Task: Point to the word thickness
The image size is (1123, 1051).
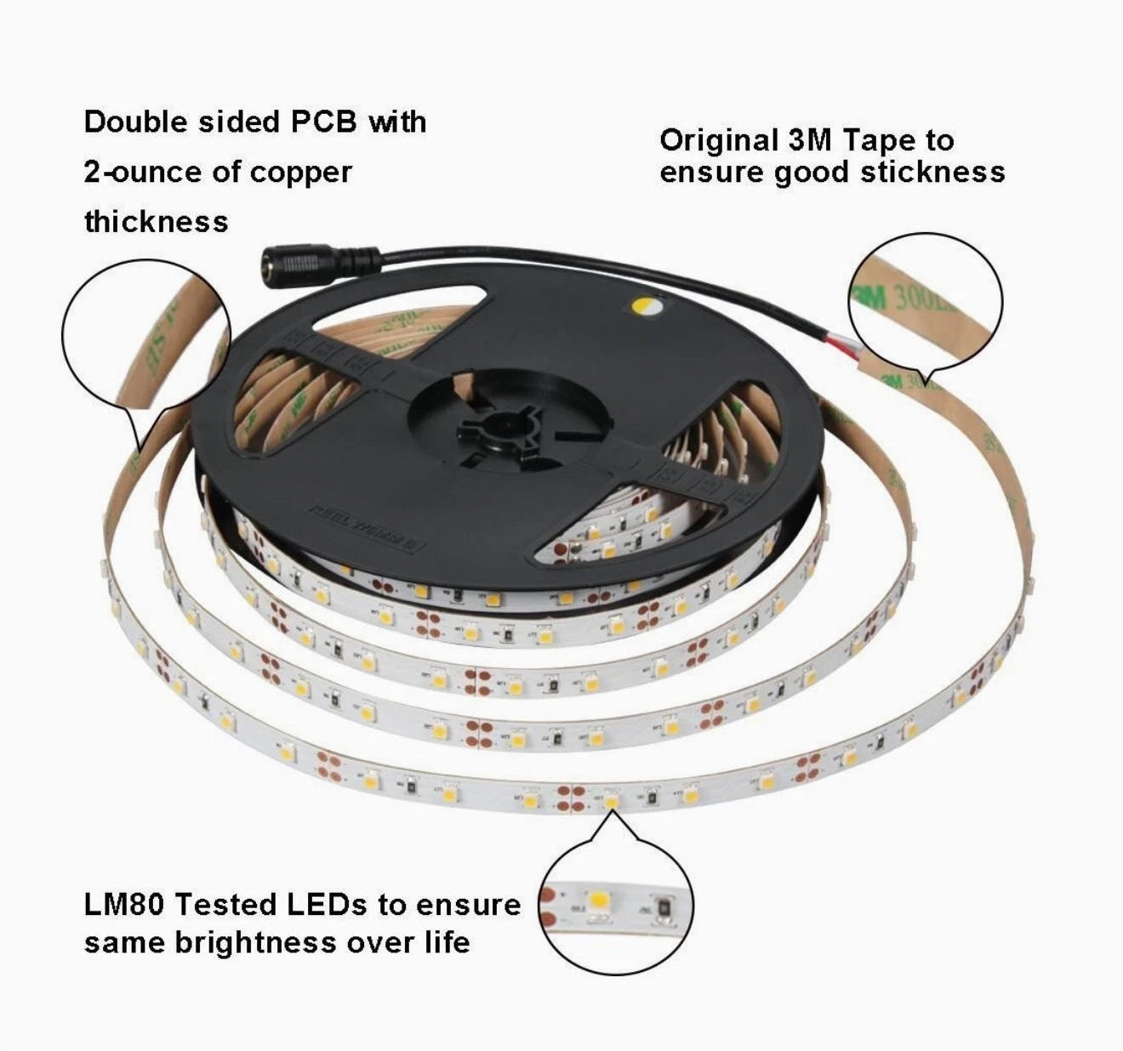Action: pyautogui.click(x=157, y=222)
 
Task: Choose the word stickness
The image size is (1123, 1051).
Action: pyautogui.click(x=933, y=172)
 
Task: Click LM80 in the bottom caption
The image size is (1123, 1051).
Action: pyautogui.click(x=124, y=904)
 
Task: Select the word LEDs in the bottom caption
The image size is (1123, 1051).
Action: pyautogui.click(x=327, y=904)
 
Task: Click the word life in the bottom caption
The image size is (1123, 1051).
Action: pyautogui.click(x=444, y=942)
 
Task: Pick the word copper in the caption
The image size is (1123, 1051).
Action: pyautogui.click(x=302, y=172)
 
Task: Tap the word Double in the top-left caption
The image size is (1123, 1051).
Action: pyautogui.click(x=135, y=122)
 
